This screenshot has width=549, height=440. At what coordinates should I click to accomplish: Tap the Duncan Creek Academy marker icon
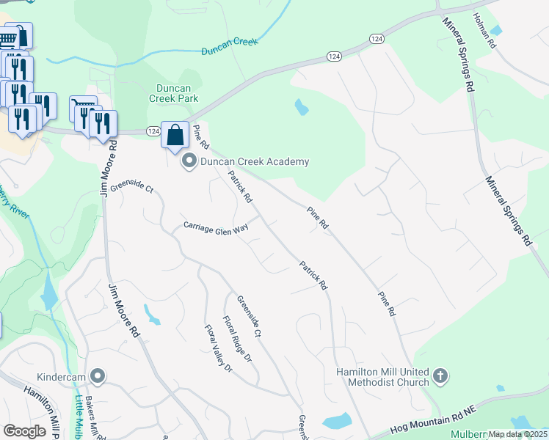(x=189, y=161)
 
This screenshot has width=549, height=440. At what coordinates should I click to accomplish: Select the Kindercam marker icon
(x=98, y=377)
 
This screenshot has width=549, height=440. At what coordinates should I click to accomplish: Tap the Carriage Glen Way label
(x=217, y=227)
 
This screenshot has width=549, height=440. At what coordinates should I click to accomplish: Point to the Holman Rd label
(x=485, y=31)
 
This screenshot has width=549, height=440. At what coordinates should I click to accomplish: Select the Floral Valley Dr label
(x=218, y=348)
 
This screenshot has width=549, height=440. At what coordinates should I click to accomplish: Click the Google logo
(x=24, y=431)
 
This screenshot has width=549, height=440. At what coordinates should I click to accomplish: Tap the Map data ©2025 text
(x=517, y=434)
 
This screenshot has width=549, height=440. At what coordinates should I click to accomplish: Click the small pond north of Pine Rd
(x=301, y=108)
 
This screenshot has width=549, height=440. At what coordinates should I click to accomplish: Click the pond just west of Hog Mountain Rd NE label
(x=337, y=421)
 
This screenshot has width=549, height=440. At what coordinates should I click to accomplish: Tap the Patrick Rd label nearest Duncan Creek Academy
(x=240, y=187)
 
